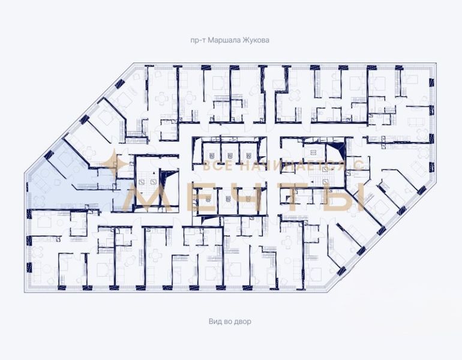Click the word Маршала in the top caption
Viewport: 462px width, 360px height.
pos(224,40)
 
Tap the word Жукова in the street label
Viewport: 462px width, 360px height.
pos(256,40)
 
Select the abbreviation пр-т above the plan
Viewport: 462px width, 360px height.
pos(198,40)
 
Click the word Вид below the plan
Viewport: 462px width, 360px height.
pos(215,321)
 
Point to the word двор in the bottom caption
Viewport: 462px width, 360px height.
pos(242,322)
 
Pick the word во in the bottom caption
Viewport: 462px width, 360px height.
pos(227,322)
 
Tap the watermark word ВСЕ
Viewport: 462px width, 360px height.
pos(218,166)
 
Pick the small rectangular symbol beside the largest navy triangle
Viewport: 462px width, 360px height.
pos(313,152)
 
